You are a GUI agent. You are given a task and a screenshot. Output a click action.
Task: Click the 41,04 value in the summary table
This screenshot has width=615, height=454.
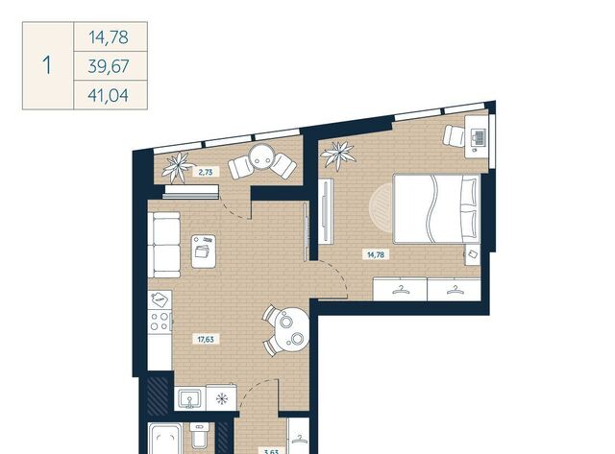[109, 95]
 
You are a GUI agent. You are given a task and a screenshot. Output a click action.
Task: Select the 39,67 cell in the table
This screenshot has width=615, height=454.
[109, 66]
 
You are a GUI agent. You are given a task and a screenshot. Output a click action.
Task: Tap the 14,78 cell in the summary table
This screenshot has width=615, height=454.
[109, 37]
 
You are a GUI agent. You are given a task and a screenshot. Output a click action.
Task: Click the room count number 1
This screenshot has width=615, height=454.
[47, 65]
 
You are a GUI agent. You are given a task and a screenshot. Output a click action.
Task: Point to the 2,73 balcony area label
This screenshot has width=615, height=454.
[206, 172]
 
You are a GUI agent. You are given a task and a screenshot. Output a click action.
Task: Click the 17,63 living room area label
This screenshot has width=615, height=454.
[206, 339]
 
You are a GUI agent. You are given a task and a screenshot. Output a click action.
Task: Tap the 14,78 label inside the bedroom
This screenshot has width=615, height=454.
[376, 254]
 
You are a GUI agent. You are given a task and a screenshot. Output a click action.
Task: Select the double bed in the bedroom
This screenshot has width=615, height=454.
[436, 209]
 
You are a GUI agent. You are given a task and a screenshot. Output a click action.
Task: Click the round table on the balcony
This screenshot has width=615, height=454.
[262, 155]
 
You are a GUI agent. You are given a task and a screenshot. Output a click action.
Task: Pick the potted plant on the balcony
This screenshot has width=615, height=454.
[179, 167]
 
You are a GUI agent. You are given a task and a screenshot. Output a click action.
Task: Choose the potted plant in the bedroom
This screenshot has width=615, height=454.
[338, 155]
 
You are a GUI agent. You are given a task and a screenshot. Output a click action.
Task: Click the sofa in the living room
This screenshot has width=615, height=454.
[164, 245]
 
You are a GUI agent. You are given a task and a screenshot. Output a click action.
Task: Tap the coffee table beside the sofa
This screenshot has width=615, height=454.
[204, 251]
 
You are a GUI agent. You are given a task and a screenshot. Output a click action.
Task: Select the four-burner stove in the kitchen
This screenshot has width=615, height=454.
[160, 321]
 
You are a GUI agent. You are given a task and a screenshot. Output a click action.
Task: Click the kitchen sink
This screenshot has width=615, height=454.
[190, 398]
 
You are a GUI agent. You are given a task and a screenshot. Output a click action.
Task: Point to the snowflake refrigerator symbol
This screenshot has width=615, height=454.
[222, 399]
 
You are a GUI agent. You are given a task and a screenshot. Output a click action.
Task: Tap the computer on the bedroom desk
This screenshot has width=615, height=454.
[479, 137]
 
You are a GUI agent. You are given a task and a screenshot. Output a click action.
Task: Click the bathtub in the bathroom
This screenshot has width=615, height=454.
[165, 439]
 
